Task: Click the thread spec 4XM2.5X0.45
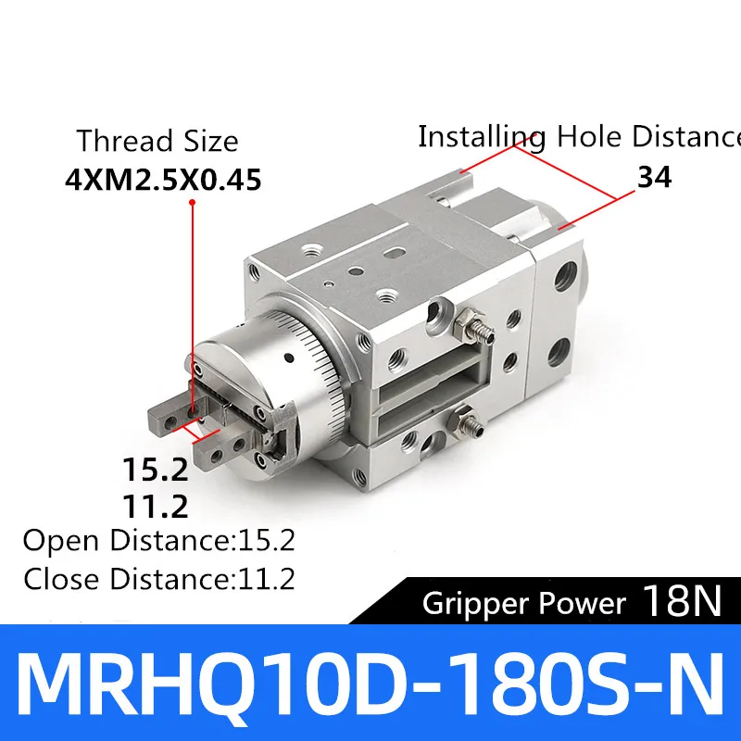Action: pos(163,180)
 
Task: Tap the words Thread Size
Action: pos(157,141)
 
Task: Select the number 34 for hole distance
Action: pos(655,177)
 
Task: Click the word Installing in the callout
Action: pos(482,137)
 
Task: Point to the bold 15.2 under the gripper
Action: pos(156,470)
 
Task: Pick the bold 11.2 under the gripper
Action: pos(156,506)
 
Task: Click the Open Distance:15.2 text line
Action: pos(159,540)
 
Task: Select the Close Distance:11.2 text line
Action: pos(159,578)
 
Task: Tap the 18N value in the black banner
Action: pos(682,601)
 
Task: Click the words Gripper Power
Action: pos(524,604)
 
